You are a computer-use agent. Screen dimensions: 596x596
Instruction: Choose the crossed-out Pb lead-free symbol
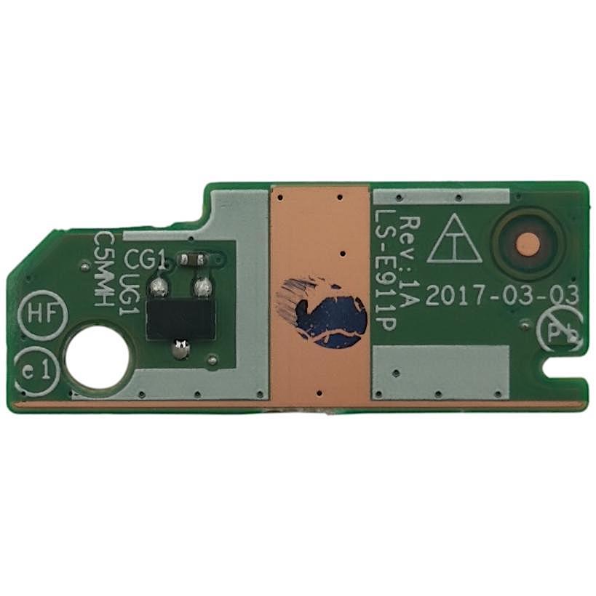[558, 331]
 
